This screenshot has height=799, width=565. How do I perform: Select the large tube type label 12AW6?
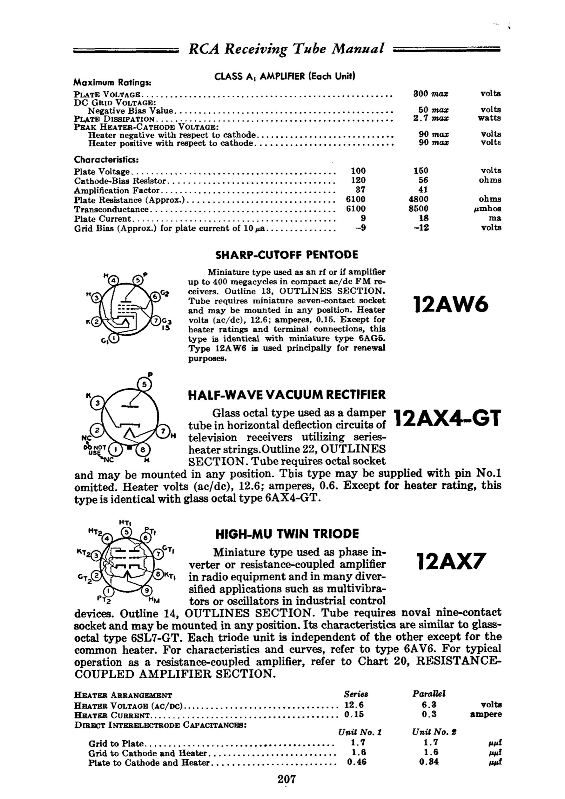coord(451,305)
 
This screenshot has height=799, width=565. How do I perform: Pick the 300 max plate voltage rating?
coord(431,93)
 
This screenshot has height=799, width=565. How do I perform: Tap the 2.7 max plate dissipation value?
coord(431,118)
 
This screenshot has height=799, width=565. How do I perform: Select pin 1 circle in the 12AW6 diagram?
coord(114,338)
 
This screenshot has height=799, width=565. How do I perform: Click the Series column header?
coord(356,694)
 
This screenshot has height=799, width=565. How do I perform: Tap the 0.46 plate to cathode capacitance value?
coord(357,762)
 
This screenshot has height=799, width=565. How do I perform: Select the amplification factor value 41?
coord(423,190)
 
